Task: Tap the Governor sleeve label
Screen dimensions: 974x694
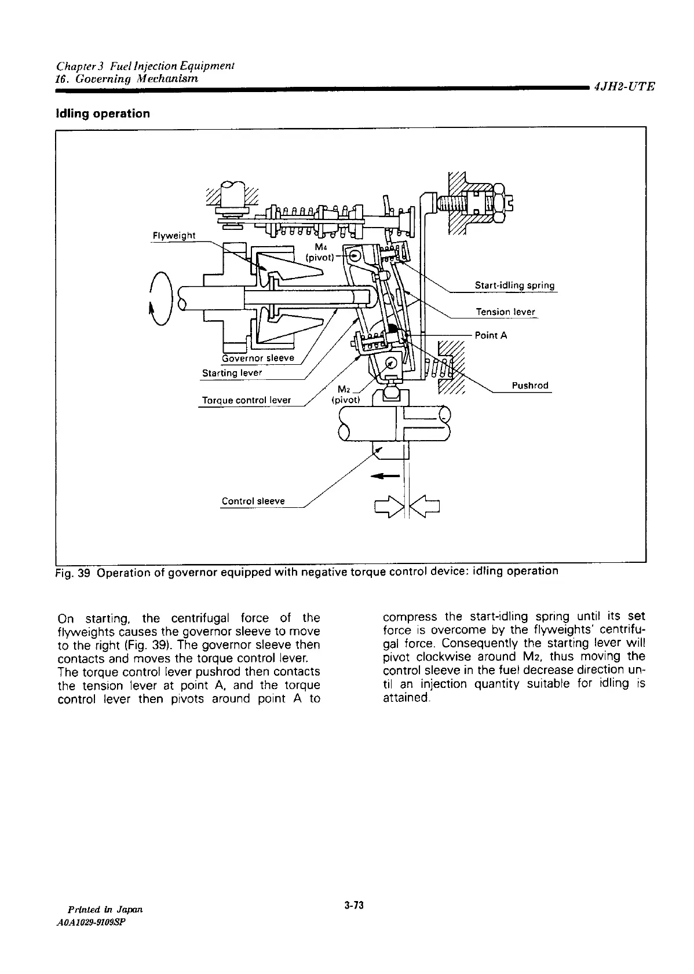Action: (258, 358)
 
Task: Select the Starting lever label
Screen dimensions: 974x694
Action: (232, 373)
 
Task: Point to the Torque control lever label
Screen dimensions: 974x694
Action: (246, 400)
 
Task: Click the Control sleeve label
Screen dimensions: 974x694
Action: (253, 501)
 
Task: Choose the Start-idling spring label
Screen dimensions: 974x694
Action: (514, 285)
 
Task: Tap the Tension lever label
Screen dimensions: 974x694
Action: (505, 312)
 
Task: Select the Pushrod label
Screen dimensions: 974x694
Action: (530, 386)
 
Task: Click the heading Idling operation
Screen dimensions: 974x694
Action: (103, 113)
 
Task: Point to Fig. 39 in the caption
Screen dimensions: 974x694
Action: (74, 572)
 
